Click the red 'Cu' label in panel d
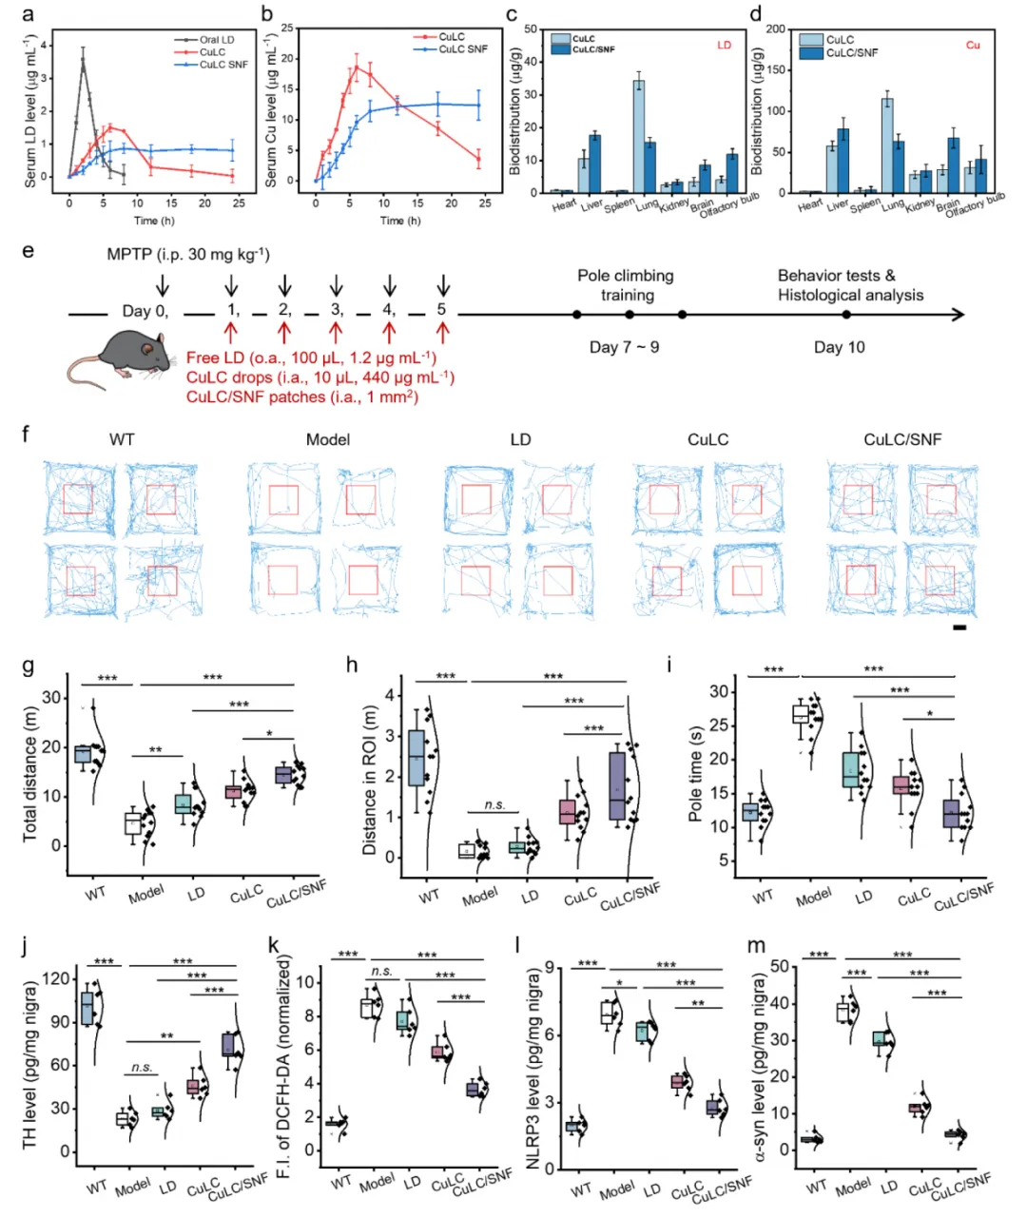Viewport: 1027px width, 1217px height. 973,45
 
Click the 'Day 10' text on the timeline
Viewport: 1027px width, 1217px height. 840,347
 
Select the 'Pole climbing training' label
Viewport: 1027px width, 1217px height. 626,285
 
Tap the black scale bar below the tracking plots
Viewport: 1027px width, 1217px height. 959,628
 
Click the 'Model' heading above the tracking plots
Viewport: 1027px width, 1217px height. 328,439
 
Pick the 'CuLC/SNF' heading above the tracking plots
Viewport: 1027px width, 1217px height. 902,439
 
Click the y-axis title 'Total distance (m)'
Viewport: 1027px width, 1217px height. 29,774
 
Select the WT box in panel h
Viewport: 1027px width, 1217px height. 417,757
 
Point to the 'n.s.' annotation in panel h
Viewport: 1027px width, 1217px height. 494,804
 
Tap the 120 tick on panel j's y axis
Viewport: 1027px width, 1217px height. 62,978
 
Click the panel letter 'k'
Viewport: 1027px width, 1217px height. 275,947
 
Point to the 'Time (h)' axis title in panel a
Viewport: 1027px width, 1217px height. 145,221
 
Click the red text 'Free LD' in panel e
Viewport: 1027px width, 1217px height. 218,357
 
